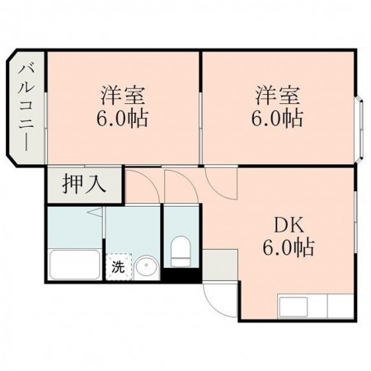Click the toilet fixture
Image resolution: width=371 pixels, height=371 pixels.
(181, 251)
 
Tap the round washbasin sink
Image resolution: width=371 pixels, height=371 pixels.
(145, 267)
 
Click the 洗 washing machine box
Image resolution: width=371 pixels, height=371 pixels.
(118, 267)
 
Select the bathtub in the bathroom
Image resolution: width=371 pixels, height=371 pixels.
(74, 265)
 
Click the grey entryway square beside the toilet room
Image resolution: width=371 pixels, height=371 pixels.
(219, 266)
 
